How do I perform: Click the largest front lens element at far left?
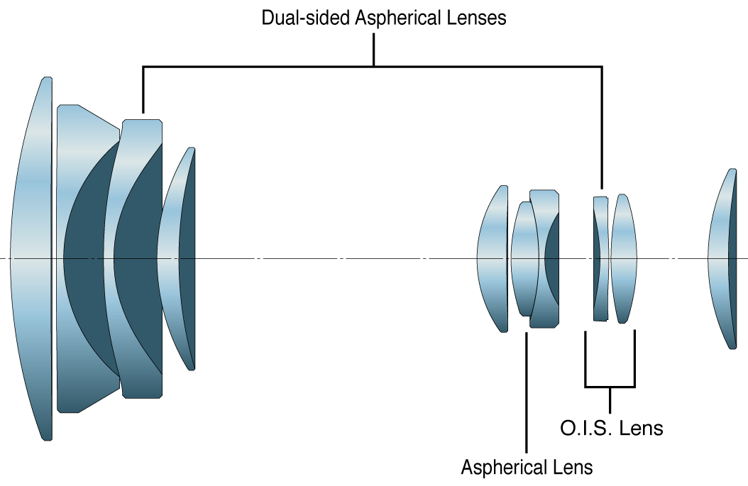(32, 259)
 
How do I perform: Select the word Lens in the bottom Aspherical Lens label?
(571, 468)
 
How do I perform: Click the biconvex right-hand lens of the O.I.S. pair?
(623, 259)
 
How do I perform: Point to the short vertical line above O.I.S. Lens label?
(610, 401)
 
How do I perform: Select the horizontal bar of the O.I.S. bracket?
(610, 387)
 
